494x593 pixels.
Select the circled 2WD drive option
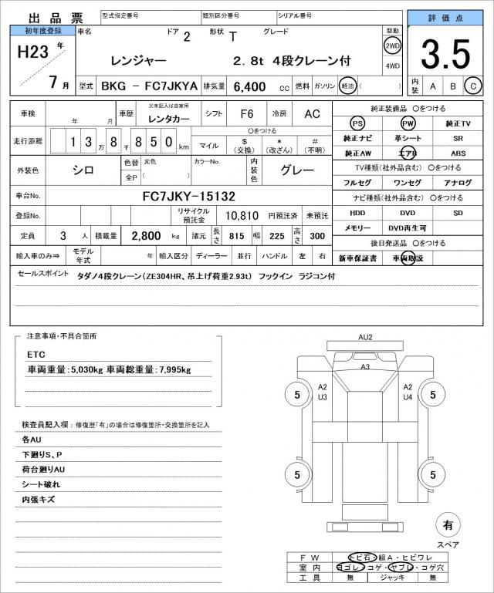[x=392, y=46]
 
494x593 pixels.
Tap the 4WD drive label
[x=392, y=66]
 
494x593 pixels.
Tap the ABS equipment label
[x=458, y=153]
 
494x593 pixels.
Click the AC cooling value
[x=312, y=114]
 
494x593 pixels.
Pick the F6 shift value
[x=246, y=114]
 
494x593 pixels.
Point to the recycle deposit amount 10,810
[x=242, y=215]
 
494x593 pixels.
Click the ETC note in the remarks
[x=36, y=355]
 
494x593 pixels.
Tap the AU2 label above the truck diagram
[x=365, y=337]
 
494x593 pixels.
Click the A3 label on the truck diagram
[x=365, y=367]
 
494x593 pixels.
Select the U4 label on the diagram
[x=408, y=397]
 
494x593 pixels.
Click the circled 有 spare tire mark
[x=448, y=526]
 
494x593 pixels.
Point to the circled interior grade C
[x=475, y=86]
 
